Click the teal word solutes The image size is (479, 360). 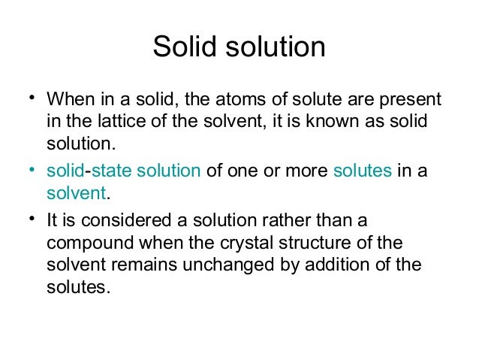pos(362,171)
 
